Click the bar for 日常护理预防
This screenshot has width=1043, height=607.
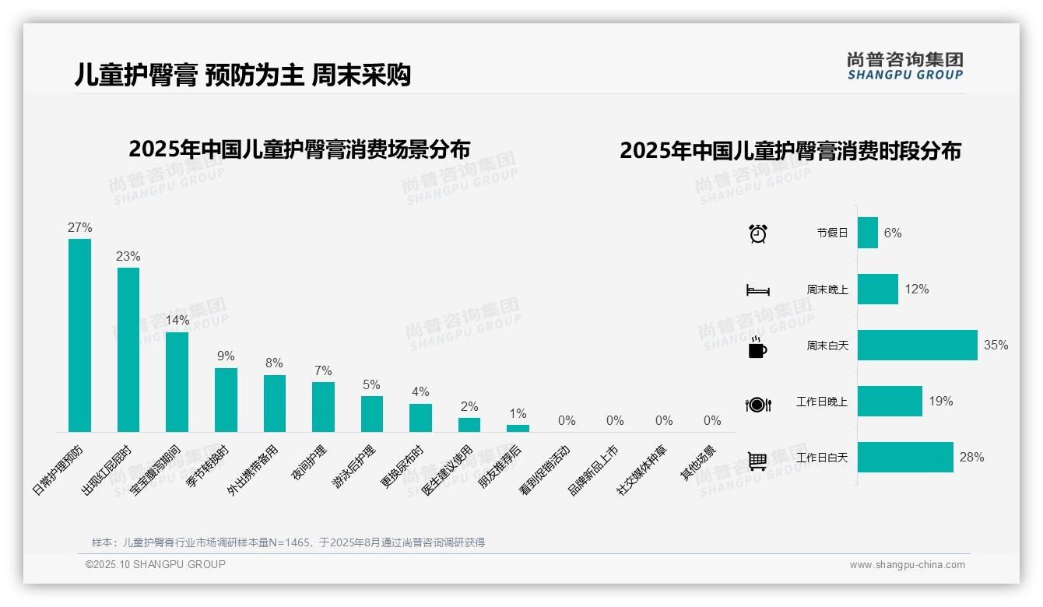point(79,335)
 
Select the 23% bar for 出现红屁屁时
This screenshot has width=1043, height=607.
point(128,349)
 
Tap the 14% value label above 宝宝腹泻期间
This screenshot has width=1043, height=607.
point(177,320)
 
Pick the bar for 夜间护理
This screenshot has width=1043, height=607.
point(323,406)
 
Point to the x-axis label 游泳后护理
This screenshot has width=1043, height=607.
point(355,468)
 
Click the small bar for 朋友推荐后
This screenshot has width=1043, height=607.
point(518,428)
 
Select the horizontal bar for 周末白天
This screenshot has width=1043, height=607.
point(917,345)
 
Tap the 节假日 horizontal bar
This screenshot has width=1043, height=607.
point(867,233)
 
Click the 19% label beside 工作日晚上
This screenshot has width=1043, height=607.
point(940,401)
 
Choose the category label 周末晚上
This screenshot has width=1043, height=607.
point(827,289)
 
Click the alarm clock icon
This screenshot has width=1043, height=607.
point(757,233)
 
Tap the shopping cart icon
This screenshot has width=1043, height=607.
point(757,461)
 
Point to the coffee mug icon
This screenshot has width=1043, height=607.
point(757,347)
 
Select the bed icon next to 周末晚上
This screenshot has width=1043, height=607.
point(757,290)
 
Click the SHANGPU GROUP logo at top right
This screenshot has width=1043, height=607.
point(904,66)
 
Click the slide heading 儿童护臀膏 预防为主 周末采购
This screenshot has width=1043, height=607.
point(242,75)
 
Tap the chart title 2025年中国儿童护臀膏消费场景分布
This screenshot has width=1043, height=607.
point(300,149)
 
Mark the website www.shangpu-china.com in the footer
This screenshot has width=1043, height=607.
point(907,565)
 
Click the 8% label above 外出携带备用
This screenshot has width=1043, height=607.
point(274,363)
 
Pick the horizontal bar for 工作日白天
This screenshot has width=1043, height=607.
point(905,457)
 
